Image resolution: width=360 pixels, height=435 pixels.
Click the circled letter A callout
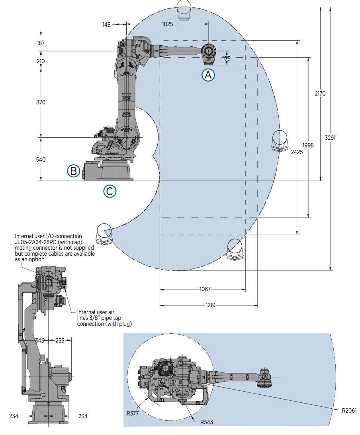pos(208,74)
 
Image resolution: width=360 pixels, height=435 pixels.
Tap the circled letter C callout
pos(110,191)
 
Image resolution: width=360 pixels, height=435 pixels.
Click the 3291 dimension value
pos(331,138)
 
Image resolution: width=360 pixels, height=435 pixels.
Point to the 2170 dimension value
pos(320,94)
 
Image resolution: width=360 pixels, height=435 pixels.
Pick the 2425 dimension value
pos(297,152)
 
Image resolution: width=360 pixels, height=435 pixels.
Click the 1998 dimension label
pos(308,145)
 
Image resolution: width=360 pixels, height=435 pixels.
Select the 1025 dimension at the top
pos(167,24)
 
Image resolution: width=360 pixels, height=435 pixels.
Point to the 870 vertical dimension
pos(41,102)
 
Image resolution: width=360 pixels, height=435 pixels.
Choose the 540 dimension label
pos(41,160)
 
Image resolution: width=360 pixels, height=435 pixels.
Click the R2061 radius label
pos(349,410)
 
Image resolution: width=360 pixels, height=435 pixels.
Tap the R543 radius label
pos(207,422)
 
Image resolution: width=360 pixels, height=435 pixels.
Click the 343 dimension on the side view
pos(39,341)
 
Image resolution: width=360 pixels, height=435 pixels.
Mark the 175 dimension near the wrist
pos(226,59)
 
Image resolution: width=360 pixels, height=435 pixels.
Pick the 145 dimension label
pos(106,24)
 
